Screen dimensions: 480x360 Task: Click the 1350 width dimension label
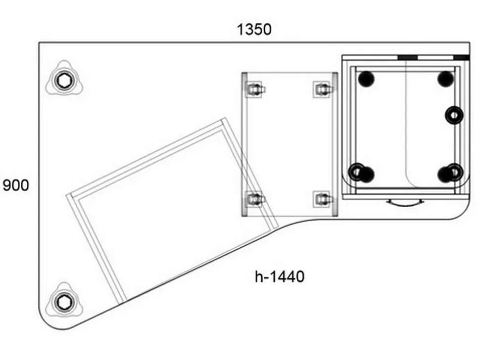[254, 30]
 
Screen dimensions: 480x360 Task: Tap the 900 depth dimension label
[16, 185]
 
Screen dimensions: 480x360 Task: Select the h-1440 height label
[280, 276]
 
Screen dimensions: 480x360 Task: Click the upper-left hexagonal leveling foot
[64, 81]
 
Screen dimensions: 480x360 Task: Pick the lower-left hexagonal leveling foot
[64, 302]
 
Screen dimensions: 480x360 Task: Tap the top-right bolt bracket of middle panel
[322, 90]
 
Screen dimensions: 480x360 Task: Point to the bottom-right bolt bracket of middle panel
[322, 199]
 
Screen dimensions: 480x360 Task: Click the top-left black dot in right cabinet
[366, 79]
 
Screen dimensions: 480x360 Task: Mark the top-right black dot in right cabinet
[445, 79]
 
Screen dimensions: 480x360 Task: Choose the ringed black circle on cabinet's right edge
[454, 115]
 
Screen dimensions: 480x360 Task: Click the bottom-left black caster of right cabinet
[362, 173]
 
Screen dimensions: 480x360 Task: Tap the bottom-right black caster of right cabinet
[450, 173]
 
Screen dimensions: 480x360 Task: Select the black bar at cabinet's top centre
[407, 57]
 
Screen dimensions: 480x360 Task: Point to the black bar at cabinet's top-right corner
[461, 57]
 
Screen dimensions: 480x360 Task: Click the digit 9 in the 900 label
[7, 185]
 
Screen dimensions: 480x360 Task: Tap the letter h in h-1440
[259, 276]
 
